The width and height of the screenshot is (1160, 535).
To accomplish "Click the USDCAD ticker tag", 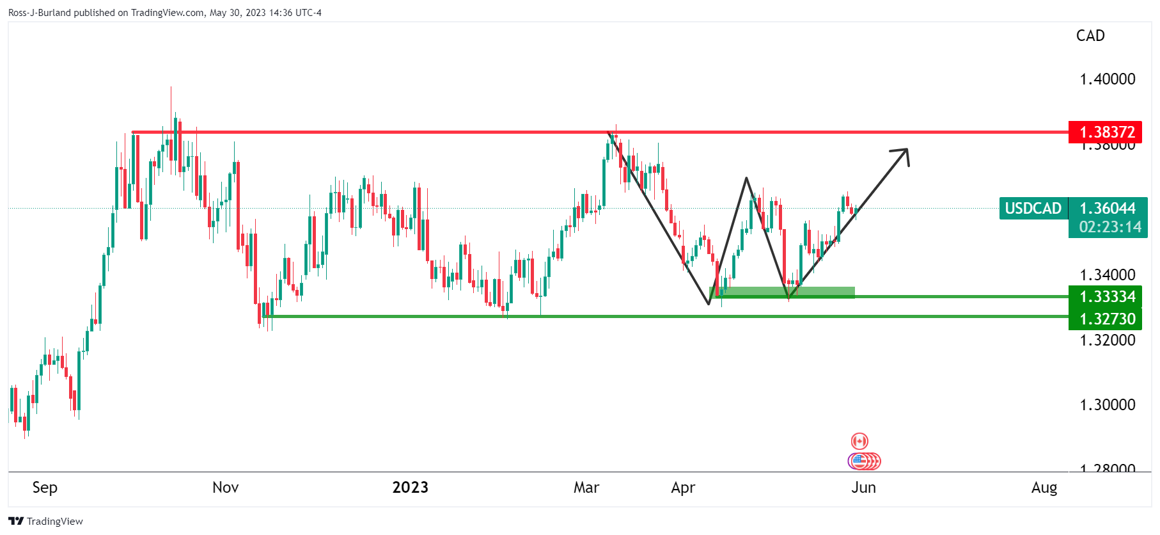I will pos(1033,208).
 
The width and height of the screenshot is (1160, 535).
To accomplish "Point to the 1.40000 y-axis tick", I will pos(1107,79).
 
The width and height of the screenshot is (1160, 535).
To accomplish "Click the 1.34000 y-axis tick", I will pos(1107,275).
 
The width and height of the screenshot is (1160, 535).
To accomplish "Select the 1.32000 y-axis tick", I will pos(1107,340).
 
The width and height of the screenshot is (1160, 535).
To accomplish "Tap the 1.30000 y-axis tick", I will pos(1107,405).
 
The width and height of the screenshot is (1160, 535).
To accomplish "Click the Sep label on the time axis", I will pos(45,488).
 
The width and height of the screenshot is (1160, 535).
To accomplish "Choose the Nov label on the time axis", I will pos(225,488).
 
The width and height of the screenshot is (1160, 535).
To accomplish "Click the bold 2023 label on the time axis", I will pos(410,488).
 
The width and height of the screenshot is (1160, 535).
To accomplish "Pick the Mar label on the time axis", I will pos(586,488).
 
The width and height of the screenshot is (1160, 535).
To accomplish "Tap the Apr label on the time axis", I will pos(682,488).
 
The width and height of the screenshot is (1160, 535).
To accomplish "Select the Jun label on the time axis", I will pos(863,488).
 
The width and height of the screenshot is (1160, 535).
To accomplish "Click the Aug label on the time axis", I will pos(1044,488).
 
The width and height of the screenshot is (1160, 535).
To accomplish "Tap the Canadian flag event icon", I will pos(859,441).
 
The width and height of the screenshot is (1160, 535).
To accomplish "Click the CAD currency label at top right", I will pos(1090,36).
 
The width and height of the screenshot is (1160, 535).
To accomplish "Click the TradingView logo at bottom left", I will pos(45,521).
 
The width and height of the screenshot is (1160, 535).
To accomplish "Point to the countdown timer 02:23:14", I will pos(1109,227).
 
